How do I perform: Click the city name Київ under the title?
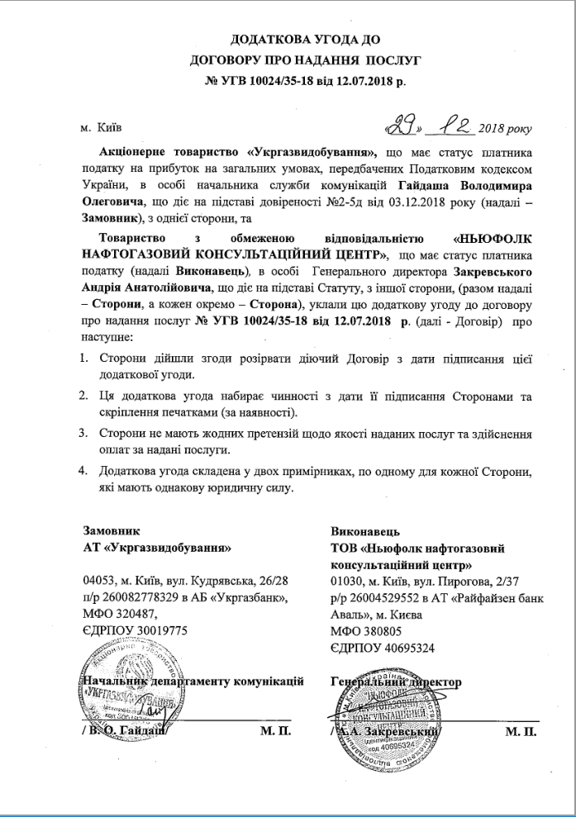coord(108,129)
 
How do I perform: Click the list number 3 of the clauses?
coord(83,433)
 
